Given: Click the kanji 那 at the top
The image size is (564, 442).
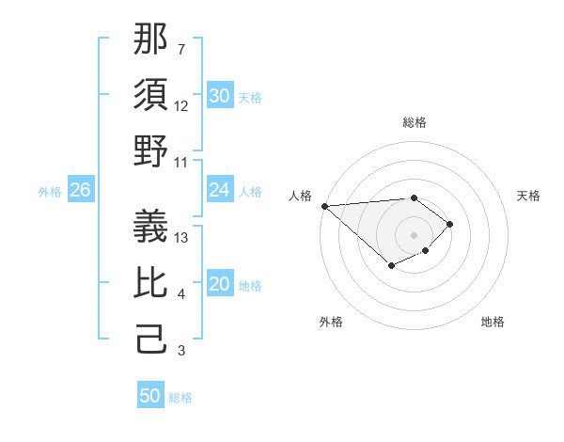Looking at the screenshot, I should [x=151, y=39].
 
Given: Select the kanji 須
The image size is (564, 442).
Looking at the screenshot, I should [x=151, y=94].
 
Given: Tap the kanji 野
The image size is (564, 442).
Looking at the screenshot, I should [x=151, y=150].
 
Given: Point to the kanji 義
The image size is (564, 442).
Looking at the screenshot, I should [x=151, y=224].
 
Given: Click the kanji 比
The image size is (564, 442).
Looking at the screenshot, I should [x=151, y=282].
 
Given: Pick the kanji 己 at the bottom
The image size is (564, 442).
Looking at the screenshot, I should [x=151, y=339].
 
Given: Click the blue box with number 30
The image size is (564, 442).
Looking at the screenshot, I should [x=220, y=96].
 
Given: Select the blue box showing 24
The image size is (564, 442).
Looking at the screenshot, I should [x=220, y=190].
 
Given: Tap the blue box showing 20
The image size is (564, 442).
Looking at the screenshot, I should [x=220, y=285].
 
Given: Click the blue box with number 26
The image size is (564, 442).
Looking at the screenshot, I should [x=80, y=190].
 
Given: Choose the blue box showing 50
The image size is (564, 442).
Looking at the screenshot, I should [x=150, y=396].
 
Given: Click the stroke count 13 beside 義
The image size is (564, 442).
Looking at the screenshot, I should [x=182, y=238].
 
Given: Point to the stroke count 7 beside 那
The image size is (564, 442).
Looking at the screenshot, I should [x=181, y=48].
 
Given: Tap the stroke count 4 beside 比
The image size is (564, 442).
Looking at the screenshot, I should [x=181, y=295].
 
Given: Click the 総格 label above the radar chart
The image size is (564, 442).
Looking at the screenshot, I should [x=415, y=122].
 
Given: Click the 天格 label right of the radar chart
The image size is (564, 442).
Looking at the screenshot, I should [x=529, y=196].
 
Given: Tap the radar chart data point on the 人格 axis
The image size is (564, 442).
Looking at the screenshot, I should [x=324, y=205].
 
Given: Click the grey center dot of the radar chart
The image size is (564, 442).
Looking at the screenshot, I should [x=415, y=234].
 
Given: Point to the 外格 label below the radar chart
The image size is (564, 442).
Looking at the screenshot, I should [x=331, y=323].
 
